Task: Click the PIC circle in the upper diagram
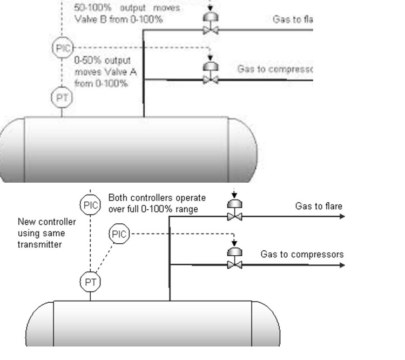pos(61,48)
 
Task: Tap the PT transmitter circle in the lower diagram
pos(90,281)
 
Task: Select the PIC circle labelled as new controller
pos(90,205)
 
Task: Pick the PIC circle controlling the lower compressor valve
pos(119,234)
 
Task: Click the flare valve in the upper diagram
pos(210,31)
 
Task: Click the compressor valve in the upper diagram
pos(210,79)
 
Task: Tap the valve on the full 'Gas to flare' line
pos(235,216)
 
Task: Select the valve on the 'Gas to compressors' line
pos(235,264)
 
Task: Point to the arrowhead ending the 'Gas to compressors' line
pos(342,264)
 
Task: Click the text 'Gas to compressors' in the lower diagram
pos(302,254)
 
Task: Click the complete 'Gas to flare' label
pos(318,206)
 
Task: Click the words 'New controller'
pos(46,222)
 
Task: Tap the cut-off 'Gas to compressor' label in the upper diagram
pos(275,69)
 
